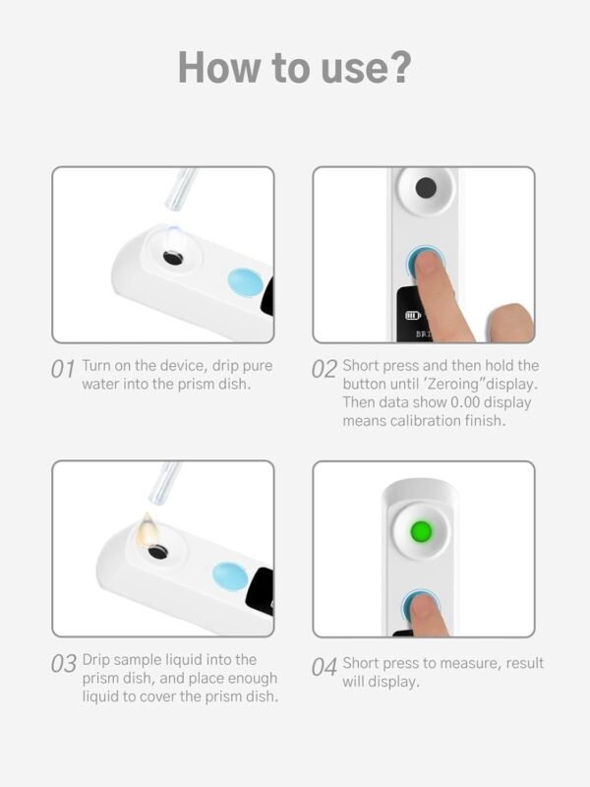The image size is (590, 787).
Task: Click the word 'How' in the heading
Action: coord(219,68)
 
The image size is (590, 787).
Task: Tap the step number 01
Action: coord(63,370)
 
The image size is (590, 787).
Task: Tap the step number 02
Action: coord(324,370)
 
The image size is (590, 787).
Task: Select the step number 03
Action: coord(64,664)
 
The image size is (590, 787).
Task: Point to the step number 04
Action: coord(324,667)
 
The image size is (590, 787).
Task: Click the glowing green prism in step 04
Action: coord(422,532)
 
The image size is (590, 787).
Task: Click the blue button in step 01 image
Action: coord(245,285)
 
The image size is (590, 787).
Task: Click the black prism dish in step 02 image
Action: coord(426,188)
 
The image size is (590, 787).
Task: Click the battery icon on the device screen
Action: coord(412,317)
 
